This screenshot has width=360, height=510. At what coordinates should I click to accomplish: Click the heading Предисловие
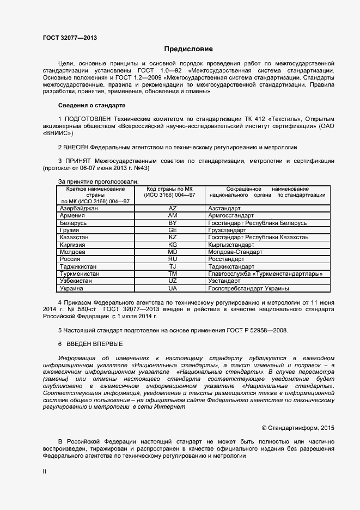coord(188,48)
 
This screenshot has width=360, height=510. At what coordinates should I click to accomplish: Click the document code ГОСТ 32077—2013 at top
coord(70,38)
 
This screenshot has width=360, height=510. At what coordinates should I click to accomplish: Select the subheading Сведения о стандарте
coord(91,105)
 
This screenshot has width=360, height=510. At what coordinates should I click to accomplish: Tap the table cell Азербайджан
coord(79,208)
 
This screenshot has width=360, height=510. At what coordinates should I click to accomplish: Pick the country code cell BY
coord(173,223)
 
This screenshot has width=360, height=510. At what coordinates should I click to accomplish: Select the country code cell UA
coord(173,288)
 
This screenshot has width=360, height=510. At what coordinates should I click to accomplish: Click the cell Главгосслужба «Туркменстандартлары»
coord(265,274)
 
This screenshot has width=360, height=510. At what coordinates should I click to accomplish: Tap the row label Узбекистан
coord(79,281)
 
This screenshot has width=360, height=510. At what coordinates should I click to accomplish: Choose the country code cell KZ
coord(173,238)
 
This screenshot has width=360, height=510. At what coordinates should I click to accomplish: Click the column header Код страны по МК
coord(169,189)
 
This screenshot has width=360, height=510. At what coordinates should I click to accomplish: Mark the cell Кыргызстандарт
coord(231,245)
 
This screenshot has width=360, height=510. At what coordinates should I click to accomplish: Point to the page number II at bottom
coord(45,472)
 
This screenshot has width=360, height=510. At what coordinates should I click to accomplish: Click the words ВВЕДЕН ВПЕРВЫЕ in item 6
coord(94,344)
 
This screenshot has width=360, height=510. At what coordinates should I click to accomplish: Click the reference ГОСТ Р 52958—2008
coord(255,330)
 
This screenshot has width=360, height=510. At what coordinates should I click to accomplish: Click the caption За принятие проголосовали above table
coord(98,181)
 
